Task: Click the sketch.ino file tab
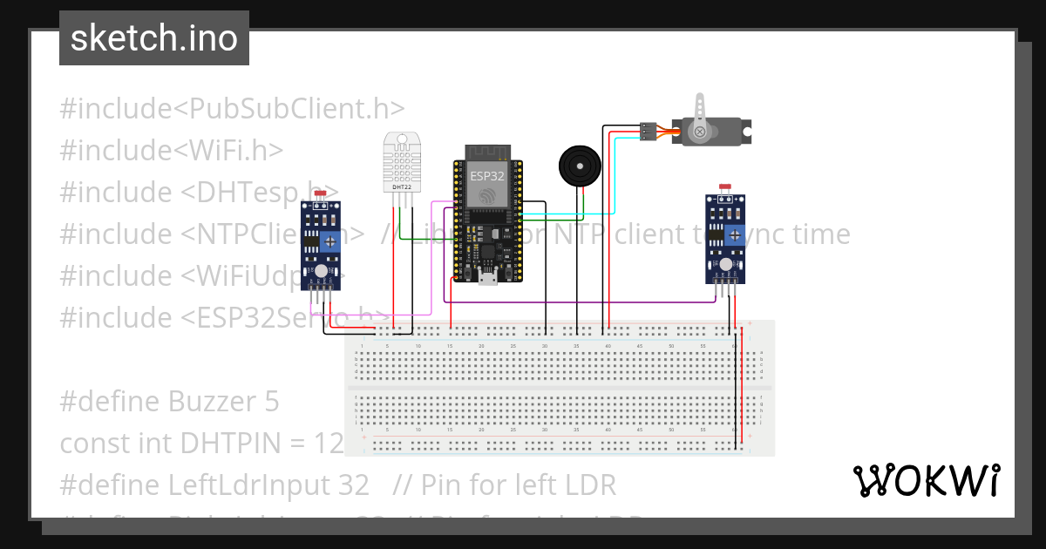(154, 38)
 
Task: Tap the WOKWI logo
(926, 480)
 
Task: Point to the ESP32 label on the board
(487, 175)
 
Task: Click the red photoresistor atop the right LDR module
(724, 187)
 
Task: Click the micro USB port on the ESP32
(488, 277)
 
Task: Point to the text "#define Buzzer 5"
(170, 402)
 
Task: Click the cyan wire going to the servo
(615, 174)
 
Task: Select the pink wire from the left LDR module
(431, 261)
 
